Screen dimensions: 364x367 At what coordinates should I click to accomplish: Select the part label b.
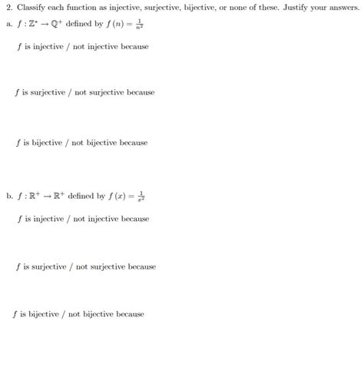coord(8,196)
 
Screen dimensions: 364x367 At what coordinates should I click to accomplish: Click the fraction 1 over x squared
coord(141,196)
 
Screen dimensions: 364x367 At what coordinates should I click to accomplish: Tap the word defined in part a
coord(79,23)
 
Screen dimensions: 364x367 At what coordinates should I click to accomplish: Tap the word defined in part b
coord(80,196)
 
